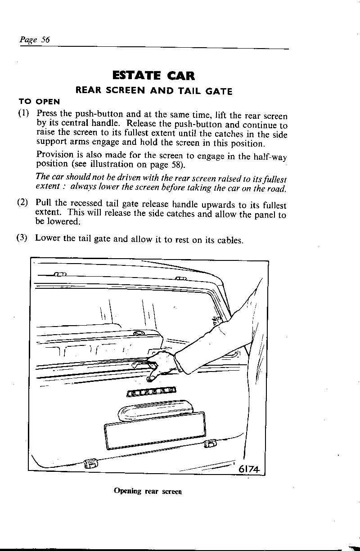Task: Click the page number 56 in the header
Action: click(45, 40)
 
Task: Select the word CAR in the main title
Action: click(180, 75)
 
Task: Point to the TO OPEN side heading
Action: click(39, 102)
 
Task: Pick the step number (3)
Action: click(24, 238)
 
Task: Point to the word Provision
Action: click(54, 155)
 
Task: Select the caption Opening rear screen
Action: click(148, 491)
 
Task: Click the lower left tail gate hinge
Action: click(90, 463)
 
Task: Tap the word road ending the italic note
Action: click(276, 188)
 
